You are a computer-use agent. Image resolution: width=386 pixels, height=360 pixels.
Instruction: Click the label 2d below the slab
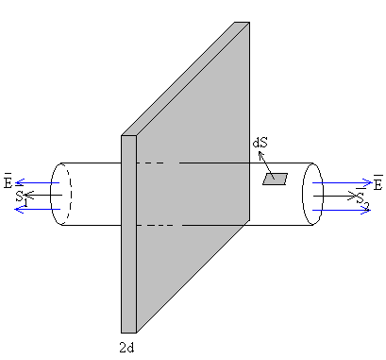point(126,348)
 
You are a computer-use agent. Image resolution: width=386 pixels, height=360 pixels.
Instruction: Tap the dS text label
point(260,143)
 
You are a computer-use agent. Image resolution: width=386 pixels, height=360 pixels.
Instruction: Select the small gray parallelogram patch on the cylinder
point(276,179)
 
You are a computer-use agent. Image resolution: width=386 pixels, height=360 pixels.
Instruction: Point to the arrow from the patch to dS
point(266,165)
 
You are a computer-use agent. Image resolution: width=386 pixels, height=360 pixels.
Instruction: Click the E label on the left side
point(8,182)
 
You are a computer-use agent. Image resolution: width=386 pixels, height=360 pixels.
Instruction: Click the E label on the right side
point(378,183)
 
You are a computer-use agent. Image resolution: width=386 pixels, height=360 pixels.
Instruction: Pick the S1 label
point(22,199)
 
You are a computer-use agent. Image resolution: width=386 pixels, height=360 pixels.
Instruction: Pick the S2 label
point(362,199)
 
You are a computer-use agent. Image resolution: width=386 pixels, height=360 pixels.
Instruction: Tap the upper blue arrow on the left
point(38,182)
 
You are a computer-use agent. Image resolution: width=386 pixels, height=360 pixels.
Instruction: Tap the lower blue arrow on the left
point(38,209)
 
